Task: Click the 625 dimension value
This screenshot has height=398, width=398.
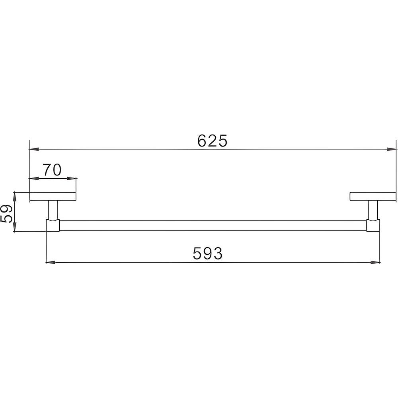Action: click(x=212, y=141)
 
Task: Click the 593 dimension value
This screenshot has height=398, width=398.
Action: click(x=208, y=253)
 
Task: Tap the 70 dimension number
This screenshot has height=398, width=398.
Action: click(x=52, y=170)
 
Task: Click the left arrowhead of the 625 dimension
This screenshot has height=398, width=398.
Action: click(x=34, y=149)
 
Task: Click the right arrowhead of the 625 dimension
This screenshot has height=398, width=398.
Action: click(x=392, y=149)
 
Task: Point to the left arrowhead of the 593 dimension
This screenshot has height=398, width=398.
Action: click(x=51, y=262)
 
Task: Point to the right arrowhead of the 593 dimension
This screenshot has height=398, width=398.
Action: click(x=375, y=262)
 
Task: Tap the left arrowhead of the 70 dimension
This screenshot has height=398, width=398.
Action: click(x=34, y=178)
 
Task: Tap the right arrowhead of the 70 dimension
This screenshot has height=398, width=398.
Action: click(x=71, y=178)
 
